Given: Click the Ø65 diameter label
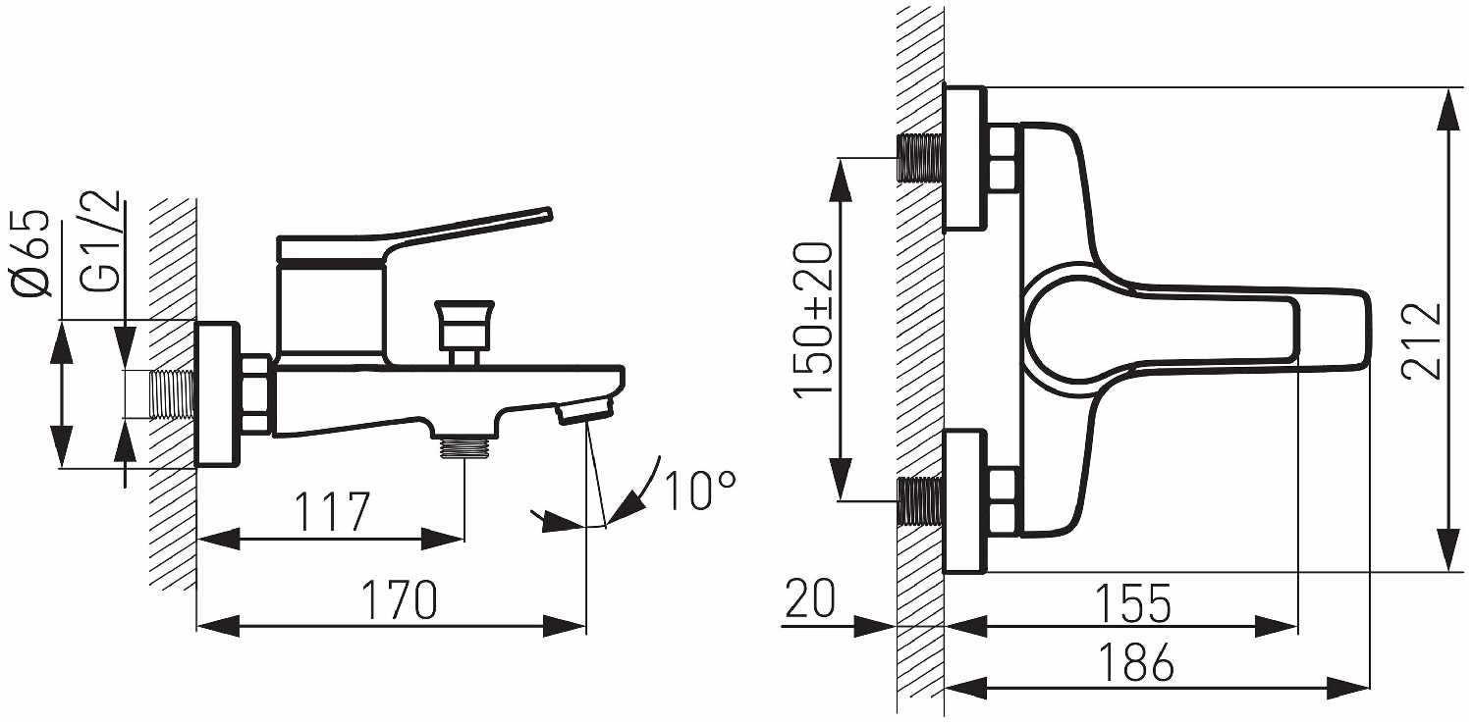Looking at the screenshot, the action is tap(31, 253).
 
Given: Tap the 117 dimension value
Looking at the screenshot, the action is tap(332, 511).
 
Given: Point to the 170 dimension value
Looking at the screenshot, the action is tap(399, 599).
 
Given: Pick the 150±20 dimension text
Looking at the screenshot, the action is tap(813, 321).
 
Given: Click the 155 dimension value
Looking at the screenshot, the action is tap(1133, 602).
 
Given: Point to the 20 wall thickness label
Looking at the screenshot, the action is tap(810, 597).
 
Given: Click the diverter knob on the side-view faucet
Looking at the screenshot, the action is tap(464, 325).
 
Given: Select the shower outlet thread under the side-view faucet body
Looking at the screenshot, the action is tap(464, 448).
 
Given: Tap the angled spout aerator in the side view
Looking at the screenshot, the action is tap(584, 413).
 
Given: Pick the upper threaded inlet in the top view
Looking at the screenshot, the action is tap(919, 158).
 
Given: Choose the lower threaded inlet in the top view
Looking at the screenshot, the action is tap(919, 501).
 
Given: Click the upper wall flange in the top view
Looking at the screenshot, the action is tap(965, 159).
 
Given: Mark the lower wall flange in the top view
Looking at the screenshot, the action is tap(965, 501).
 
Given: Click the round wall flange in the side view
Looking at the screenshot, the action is tap(217, 394).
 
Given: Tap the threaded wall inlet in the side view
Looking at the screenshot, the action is tap(172, 394).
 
